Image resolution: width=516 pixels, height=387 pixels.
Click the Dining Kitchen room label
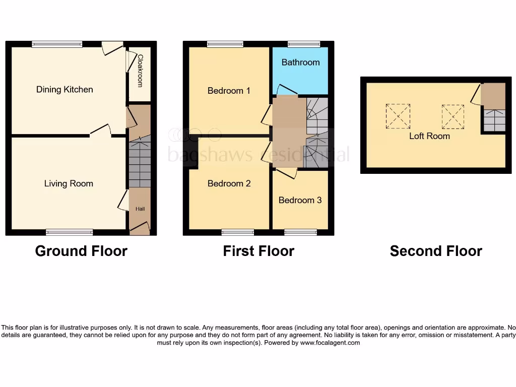pos(64,90)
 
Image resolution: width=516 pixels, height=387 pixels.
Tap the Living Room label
pos(69,183)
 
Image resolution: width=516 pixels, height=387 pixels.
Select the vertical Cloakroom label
pos(141,71)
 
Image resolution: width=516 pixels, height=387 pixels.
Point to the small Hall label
pos(140,209)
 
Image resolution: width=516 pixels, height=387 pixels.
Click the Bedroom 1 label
pos(229,91)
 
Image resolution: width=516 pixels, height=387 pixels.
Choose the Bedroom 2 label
pos(229,183)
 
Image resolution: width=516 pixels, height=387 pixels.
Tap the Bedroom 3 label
pos(300,200)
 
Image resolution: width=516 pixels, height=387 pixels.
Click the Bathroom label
pos(300,62)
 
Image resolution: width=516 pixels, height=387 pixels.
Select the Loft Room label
pos(429,136)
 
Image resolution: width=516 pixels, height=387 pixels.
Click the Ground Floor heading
pos(81,251)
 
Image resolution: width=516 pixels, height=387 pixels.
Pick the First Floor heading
pos(259,251)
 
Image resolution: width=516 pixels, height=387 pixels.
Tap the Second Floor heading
pos(436,251)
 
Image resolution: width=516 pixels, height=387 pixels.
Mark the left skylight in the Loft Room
pos(398,116)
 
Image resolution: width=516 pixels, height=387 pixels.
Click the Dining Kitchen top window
pos(57,44)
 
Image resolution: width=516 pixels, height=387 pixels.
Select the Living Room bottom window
pos(69,232)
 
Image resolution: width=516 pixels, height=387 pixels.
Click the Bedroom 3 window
pos(300,232)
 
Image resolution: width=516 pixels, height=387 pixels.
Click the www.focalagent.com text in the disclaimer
pos(330,343)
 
